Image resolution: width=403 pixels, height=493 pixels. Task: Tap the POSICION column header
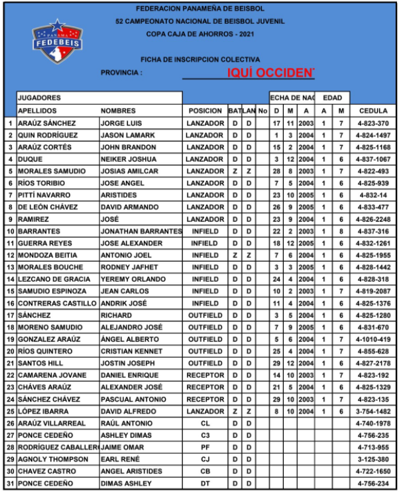[205, 111]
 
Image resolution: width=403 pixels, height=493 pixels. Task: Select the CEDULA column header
[373, 111]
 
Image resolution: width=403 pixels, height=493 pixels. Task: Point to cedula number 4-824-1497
[374, 135]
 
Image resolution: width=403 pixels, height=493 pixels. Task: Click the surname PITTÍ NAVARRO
[44, 195]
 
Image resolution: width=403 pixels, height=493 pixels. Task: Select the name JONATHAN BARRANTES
[141, 231]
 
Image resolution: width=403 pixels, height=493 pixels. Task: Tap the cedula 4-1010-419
[374, 339]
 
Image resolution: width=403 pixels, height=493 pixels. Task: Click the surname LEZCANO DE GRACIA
[54, 280]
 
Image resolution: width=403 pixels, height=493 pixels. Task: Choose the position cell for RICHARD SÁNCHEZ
[205, 315]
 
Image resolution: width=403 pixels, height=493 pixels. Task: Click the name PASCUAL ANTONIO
[133, 400]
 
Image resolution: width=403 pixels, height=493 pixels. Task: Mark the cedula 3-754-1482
[374, 411]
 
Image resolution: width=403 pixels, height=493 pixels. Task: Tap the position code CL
[205, 423]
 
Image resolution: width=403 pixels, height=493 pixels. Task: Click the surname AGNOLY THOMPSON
[52, 460]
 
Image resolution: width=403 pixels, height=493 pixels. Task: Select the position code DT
[205, 484]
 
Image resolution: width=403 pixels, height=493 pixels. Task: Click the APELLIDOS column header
[37, 111]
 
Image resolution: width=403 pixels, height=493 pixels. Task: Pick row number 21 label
[10, 363]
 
